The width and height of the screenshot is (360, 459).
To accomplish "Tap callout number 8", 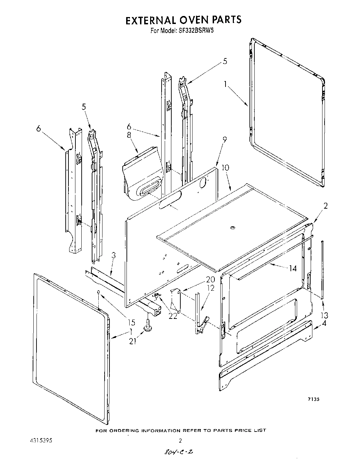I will coord(130,135).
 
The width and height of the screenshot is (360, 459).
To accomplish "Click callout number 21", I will coord(132,341).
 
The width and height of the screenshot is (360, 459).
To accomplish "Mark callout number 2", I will coord(326,206).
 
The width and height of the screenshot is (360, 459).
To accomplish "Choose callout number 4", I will coord(324,323).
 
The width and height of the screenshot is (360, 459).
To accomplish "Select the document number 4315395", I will coord(41,440).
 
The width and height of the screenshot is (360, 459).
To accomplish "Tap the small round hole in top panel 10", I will coord(232,227).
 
